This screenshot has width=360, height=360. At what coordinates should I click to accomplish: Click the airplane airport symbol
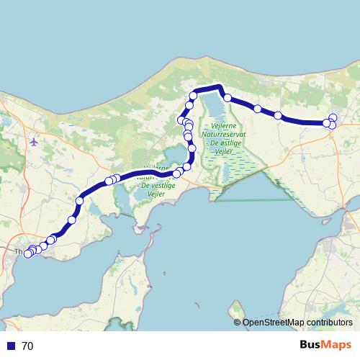pos(34,141)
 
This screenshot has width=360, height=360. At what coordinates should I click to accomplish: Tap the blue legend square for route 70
pos(11,346)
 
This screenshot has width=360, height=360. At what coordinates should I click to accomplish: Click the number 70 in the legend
pos(27,346)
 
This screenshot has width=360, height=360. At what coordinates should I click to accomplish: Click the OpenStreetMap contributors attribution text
pos(297,323)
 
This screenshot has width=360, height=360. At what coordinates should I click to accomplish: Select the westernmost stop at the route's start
pos(28,253)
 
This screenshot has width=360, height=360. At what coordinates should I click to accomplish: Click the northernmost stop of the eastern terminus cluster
pos(333,118)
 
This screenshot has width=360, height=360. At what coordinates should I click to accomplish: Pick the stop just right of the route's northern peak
pos(227,97)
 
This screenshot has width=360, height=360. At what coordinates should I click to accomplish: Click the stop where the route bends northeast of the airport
pos(79,201)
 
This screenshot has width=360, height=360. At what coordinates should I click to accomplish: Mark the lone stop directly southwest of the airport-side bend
pos(72,220)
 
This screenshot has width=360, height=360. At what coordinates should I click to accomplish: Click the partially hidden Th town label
pos(19,252)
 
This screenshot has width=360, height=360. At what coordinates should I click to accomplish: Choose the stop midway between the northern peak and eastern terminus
pos(258,109)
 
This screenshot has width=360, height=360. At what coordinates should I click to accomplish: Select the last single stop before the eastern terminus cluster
pos(278,115)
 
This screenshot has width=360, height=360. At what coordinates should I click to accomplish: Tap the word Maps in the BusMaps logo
pos(337,345)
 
